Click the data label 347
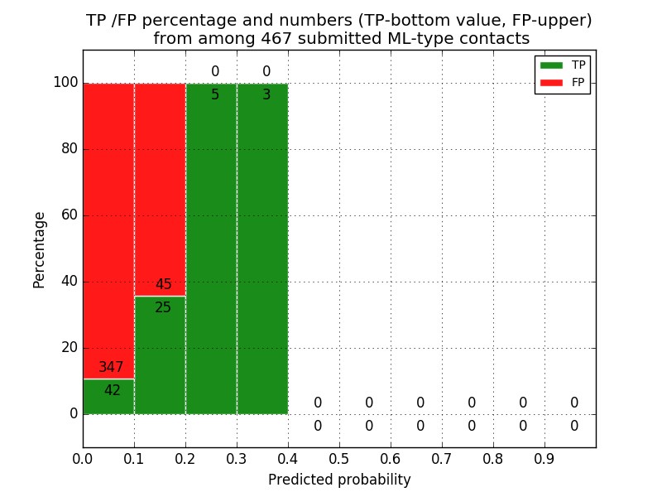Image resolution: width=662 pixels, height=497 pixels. (111, 367)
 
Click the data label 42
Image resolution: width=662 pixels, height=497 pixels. (112, 390)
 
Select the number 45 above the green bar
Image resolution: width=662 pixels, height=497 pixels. (164, 284)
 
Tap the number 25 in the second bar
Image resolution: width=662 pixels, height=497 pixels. (163, 307)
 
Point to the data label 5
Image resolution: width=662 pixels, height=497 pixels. (215, 94)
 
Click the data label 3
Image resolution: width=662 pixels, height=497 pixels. (266, 94)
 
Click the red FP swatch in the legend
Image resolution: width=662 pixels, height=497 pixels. (550, 82)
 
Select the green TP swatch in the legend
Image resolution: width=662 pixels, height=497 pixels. (550, 65)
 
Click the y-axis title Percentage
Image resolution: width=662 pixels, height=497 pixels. (40, 249)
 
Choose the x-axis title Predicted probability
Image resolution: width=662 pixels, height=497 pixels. (339, 480)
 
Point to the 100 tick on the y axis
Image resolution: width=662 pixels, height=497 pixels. (65, 82)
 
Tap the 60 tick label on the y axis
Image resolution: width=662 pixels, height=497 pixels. (69, 215)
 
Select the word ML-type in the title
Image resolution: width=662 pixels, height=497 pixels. (437, 38)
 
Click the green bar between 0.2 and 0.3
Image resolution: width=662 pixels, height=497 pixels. (211, 248)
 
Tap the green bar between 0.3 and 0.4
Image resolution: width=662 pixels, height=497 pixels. (262, 248)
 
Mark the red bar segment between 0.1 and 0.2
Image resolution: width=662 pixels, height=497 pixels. (160, 182)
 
